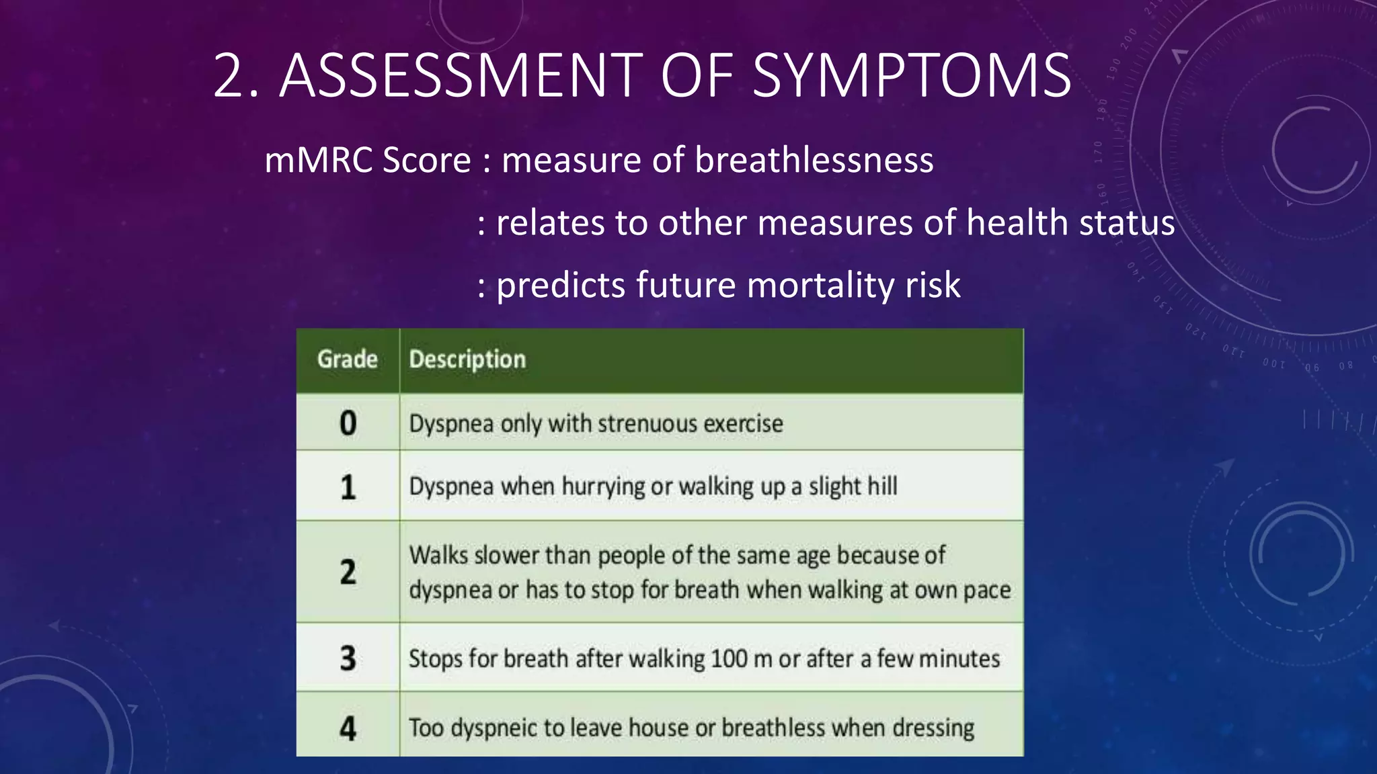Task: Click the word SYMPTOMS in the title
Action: (x=911, y=75)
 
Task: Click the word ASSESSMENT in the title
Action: (x=461, y=75)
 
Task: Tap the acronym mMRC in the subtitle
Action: (x=317, y=161)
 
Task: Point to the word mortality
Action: (x=821, y=285)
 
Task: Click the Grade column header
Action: (x=347, y=359)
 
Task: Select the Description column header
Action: (x=467, y=359)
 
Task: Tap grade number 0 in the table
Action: (x=348, y=423)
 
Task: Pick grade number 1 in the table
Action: (x=348, y=487)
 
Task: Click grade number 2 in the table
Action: (x=348, y=572)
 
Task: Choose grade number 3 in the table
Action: (x=348, y=658)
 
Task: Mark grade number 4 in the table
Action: (x=348, y=728)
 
